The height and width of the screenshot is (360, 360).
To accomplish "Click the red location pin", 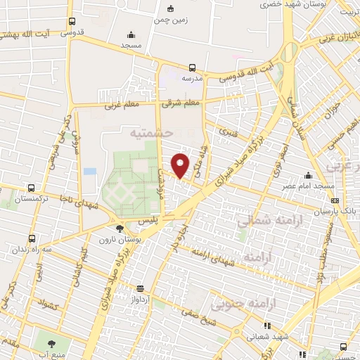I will coord(181,165).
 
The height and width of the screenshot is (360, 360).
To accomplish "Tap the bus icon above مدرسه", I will coord(192,68).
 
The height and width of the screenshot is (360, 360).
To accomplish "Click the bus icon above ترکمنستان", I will coord(31,188).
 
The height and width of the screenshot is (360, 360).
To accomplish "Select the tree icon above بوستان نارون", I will coord(120,229).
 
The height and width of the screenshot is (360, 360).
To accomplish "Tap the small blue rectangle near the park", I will coord(89,172).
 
